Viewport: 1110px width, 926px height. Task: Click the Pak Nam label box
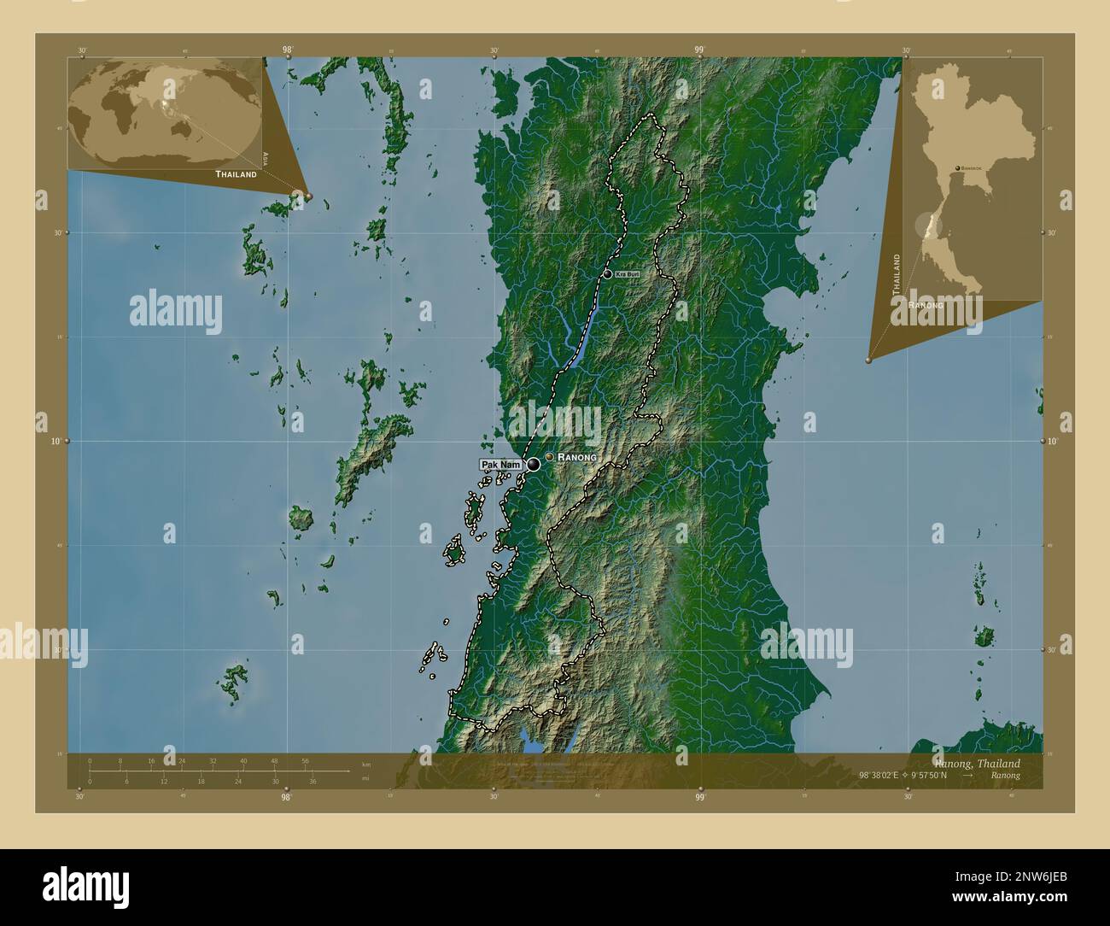click(500, 464)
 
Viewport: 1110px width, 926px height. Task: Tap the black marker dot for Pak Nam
click(534, 465)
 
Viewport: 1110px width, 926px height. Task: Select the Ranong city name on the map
click(577, 458)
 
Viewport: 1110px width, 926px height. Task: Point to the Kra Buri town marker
click(607, 274)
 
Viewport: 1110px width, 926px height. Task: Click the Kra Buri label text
click(628, 274)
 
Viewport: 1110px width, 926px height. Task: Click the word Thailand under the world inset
click(236, 173)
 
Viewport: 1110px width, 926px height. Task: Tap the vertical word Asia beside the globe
click(266, 157)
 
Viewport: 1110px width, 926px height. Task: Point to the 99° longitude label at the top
click(699, 50)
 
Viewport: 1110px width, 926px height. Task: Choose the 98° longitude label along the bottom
click(287, 797)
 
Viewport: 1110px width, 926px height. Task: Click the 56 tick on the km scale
click(305, 760)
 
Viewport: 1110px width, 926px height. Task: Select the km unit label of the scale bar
click(366, 764)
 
